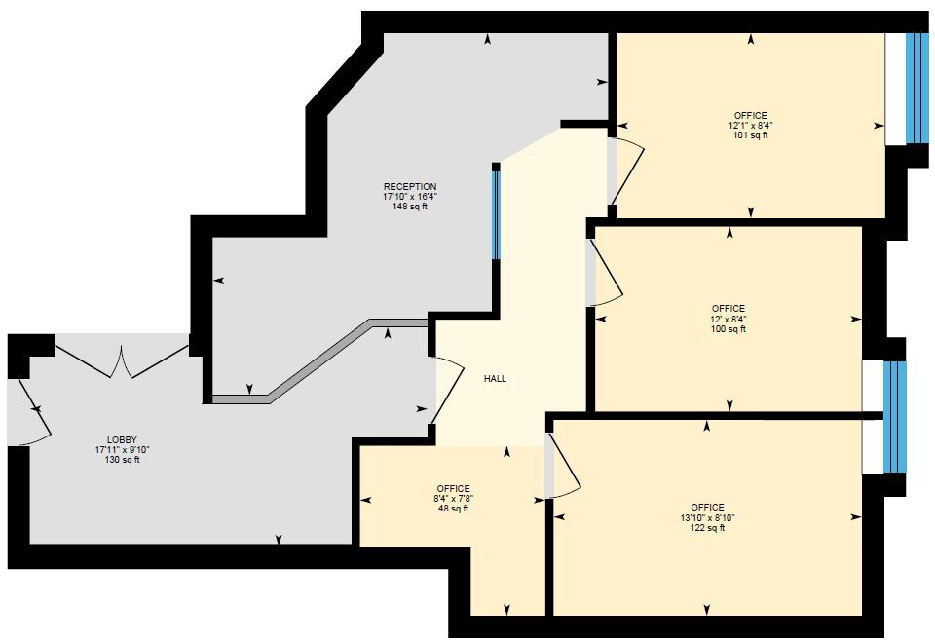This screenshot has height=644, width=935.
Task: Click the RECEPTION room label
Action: pyautogui.click(x=410, y=186)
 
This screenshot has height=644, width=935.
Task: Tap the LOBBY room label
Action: pyautogui.click(x=122, y=439)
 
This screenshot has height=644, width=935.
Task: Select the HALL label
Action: pyautogui.click(x=495, y=379)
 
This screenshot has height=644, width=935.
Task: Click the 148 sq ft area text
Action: pyautogui.click(x=410, y=207)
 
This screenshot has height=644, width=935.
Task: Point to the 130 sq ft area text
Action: pyautogui.click(x=122, y=460)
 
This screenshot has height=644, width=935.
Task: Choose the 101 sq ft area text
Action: pyautogui.click(x=750, y=135)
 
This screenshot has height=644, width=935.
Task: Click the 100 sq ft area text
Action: pyautogui.click(x=728, y=329)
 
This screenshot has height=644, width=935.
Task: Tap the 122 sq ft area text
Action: pyautogui.click(x=707, y=528)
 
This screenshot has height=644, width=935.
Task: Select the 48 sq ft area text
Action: pyautogui.click(x=454, y=509)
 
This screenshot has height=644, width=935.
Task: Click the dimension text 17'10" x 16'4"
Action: pyautogui.click(x=410, y=196)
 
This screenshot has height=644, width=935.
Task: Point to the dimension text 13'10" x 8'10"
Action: pyautogui.click(x=707, y=517)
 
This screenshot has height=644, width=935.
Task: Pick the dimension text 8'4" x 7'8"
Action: pyautogui.click(x=454, y=499)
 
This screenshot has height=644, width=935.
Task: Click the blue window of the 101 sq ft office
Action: pyautogui.click(x=916, y=88)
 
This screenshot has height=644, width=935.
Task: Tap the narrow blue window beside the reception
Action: pyautogui.click(x=496, y=213)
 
